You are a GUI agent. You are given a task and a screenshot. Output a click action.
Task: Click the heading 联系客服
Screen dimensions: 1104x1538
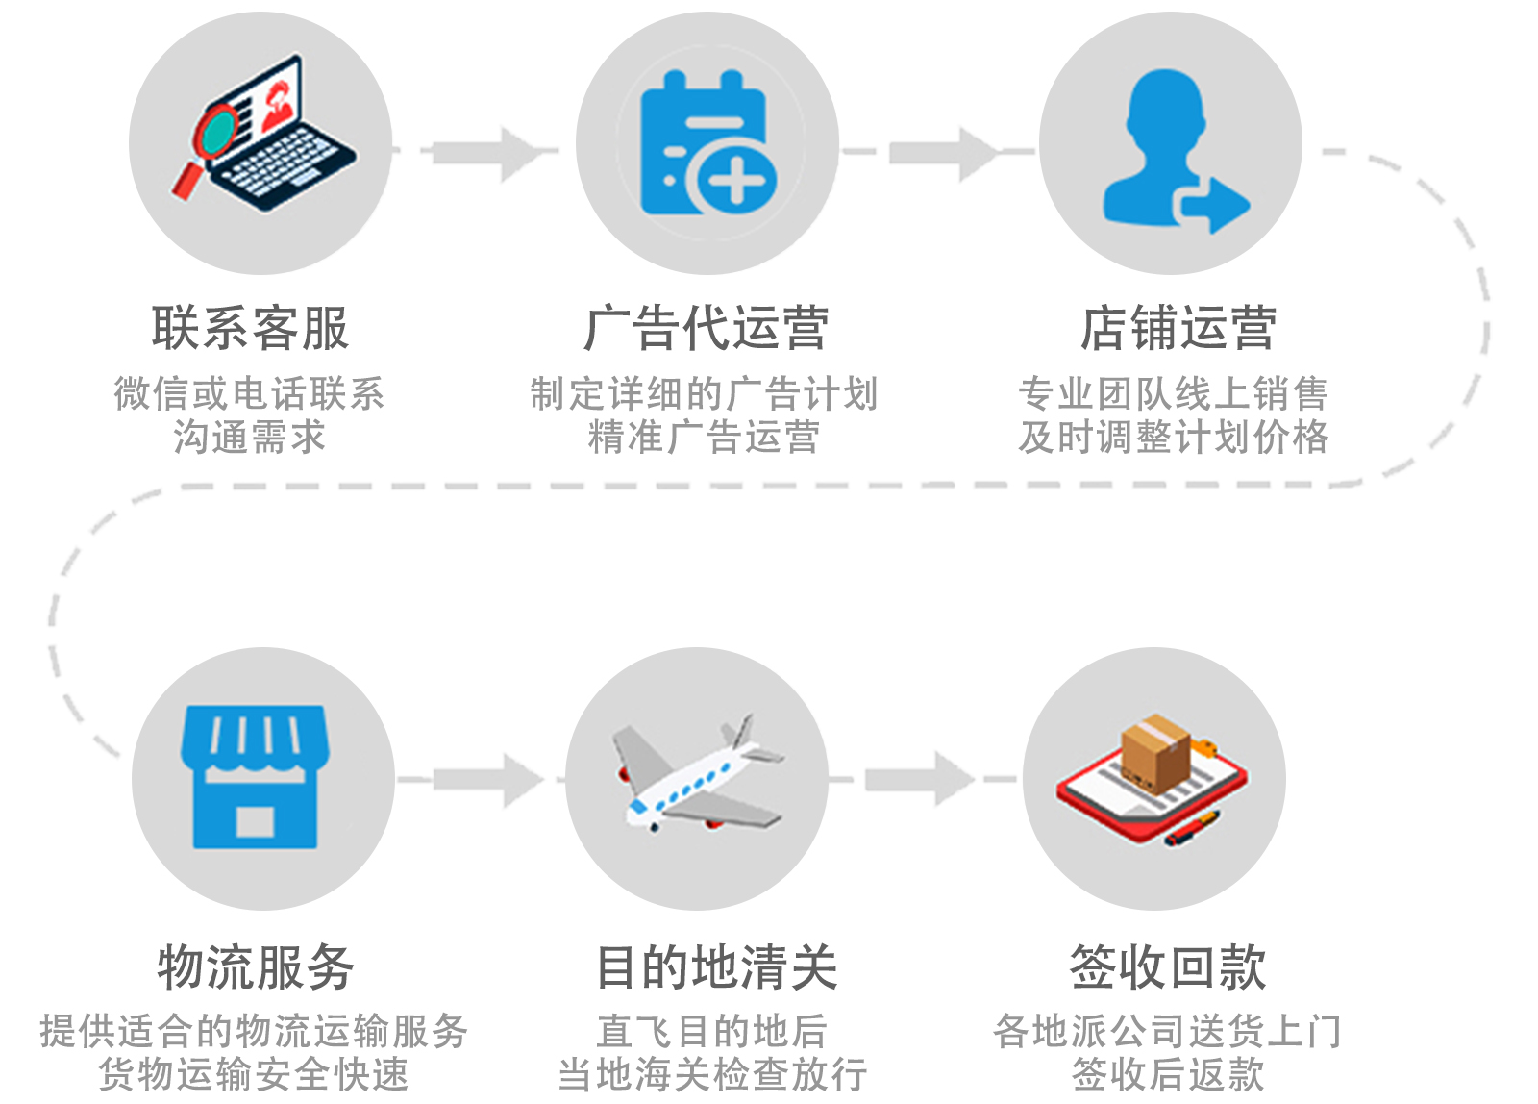[250, 328]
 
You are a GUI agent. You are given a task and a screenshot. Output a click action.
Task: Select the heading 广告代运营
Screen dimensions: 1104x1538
[707, 328]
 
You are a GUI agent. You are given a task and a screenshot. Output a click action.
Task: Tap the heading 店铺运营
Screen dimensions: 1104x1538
[1178, 328]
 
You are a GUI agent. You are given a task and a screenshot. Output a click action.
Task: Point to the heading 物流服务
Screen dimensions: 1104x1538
[256, 967]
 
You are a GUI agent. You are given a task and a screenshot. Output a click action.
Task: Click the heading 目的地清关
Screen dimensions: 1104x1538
[716, 967]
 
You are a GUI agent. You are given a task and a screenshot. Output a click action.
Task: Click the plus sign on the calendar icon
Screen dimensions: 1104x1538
[736, 181]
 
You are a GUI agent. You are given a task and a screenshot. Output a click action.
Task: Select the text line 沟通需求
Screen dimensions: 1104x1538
[250, 438]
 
